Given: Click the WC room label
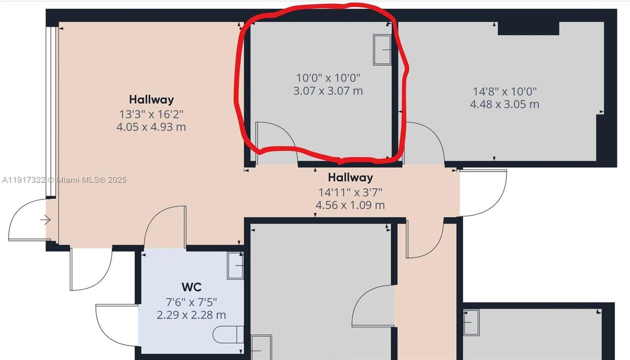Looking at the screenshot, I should tap(191, 287).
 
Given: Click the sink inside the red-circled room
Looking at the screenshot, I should tap(382, 49).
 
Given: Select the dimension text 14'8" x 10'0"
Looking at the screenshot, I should tap(504, 91).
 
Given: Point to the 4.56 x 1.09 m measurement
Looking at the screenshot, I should tap(350, 205).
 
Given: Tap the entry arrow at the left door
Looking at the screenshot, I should tap(45, 219).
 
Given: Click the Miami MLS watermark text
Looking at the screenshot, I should tap(64, 179).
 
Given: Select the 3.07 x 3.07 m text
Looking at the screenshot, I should tap(328, 91).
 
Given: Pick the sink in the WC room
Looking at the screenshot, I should tap(235, 265).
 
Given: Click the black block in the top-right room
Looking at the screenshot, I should tap(528, 28).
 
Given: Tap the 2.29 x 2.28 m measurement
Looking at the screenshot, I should tap(191, 315).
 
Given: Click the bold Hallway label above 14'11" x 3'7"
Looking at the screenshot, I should tap(350, 177).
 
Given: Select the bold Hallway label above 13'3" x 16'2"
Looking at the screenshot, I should tap(151, 99).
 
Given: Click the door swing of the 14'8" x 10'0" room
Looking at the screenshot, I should tap(424, 142).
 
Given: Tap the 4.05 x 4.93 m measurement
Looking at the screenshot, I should tap(151, 126).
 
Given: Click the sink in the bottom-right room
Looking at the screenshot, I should tap(471, 322).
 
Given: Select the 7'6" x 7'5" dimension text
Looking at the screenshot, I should tap(191, 301).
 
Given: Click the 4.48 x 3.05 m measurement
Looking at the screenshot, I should tap(504, 104).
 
